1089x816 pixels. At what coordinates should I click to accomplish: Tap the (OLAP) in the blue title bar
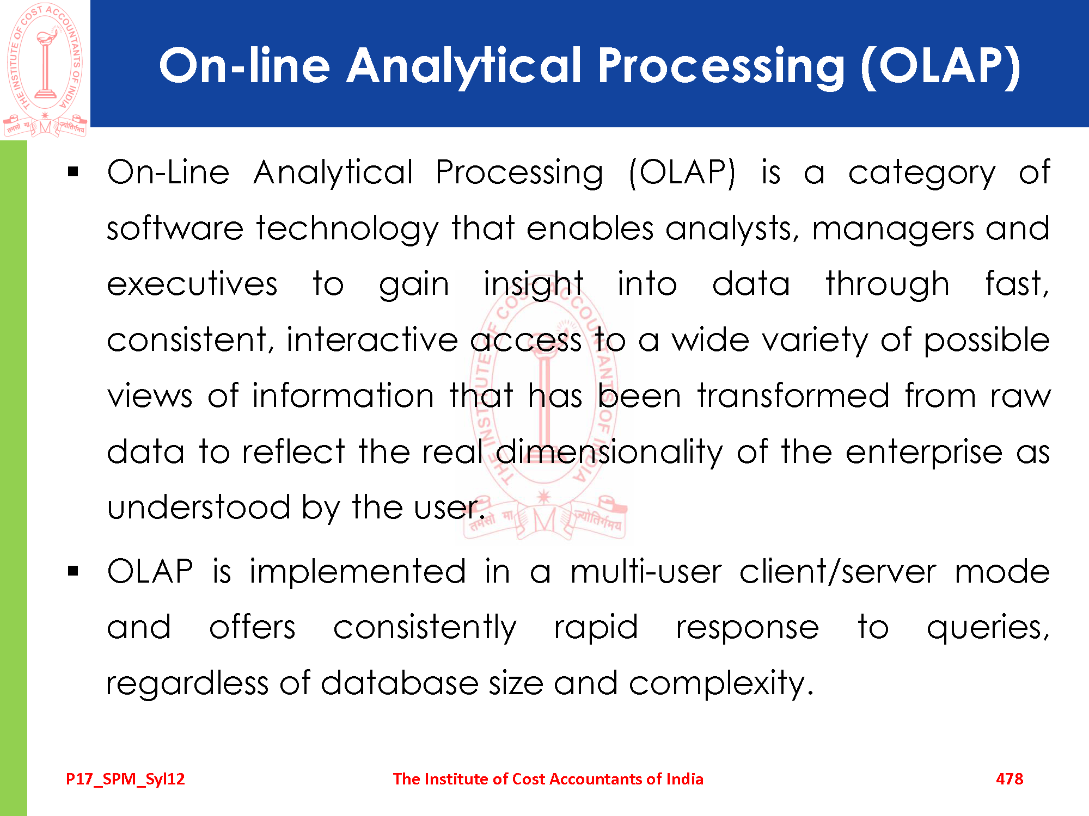click(940, 66)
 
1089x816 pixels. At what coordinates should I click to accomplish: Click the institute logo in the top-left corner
click(45, 69)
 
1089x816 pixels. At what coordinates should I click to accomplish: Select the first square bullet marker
click(74, 173)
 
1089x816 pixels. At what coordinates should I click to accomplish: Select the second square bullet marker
click(74, 572)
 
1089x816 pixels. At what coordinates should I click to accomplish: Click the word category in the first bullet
click(922, 174)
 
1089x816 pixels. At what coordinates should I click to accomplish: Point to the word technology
click(347, 228)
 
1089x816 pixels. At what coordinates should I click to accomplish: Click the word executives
click(192, 285)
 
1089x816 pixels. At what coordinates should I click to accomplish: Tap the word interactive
click(372, 340)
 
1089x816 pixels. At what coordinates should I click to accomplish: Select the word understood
click(199, 508)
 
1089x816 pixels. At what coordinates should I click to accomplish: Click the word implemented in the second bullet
click(358, 572)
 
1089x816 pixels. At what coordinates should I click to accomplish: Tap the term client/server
click(837, 572)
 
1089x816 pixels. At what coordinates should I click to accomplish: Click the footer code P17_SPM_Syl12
click(125, 779)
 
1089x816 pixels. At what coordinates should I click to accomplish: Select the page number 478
click(1010, 779)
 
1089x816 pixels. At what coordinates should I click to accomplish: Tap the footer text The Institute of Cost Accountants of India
click(548, 779)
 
